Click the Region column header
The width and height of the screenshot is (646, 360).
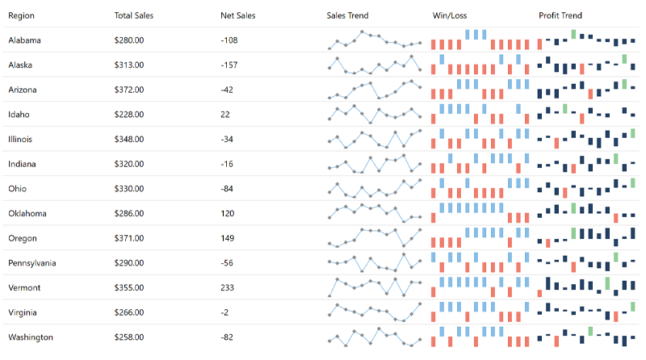point(21,15)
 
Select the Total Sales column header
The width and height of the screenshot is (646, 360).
point(133,15)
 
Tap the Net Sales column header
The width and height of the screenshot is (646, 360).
point(237,15)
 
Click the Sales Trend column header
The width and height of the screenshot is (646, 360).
point(348,15)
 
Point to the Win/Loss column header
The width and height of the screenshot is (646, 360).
point(451,15)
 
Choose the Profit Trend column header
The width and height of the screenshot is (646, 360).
point(560,15)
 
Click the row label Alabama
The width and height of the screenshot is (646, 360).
point(24,40)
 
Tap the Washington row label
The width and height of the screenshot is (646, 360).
point(30,337)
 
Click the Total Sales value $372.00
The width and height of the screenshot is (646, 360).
point(129,90)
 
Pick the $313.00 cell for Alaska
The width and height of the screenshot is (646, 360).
point(129,65)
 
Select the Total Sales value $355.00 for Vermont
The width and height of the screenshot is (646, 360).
point(129,288)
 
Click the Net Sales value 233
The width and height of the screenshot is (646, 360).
point(227,288)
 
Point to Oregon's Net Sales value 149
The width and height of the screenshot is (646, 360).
point(227,239)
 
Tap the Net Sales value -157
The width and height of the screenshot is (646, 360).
point(229,65)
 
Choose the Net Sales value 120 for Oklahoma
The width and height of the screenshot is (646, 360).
point(227,214)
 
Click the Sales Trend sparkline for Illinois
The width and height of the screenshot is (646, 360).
point(374,139)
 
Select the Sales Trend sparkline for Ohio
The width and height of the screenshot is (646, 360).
point(374,189)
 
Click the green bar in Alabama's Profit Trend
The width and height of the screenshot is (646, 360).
point(573,34)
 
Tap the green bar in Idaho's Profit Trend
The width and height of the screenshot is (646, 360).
point(565,108)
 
